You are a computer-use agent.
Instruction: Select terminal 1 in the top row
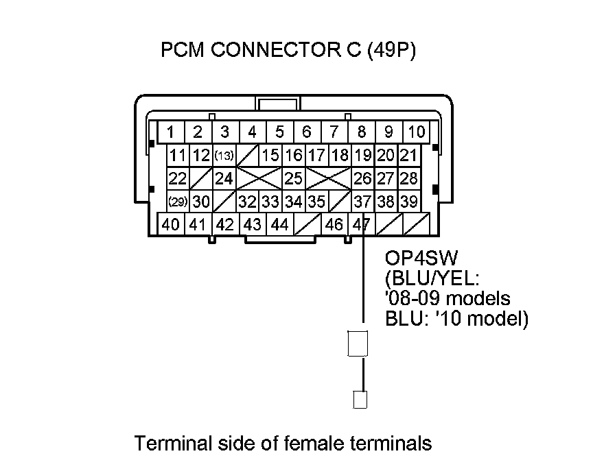coord(170,132)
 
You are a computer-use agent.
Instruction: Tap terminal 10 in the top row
coord(416,132)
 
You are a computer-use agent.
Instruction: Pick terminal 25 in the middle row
coord(294,179)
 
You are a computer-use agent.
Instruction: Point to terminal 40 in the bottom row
coord(172,224)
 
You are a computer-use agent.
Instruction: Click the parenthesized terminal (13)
coord(224,156)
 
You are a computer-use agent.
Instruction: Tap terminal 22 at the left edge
coord(178,179)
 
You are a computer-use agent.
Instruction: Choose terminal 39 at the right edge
coord(409,202)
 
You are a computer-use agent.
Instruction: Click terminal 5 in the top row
coord(279,132)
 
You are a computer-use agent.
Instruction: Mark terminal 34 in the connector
coord(294,202)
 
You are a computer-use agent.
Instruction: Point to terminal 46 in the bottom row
coord(334,224)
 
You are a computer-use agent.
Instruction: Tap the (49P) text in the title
coord(392,51)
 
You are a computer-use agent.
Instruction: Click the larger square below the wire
coord(359,343)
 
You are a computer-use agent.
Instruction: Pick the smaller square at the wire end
coord(360,399)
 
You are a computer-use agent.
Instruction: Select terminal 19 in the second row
coord(364,156)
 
